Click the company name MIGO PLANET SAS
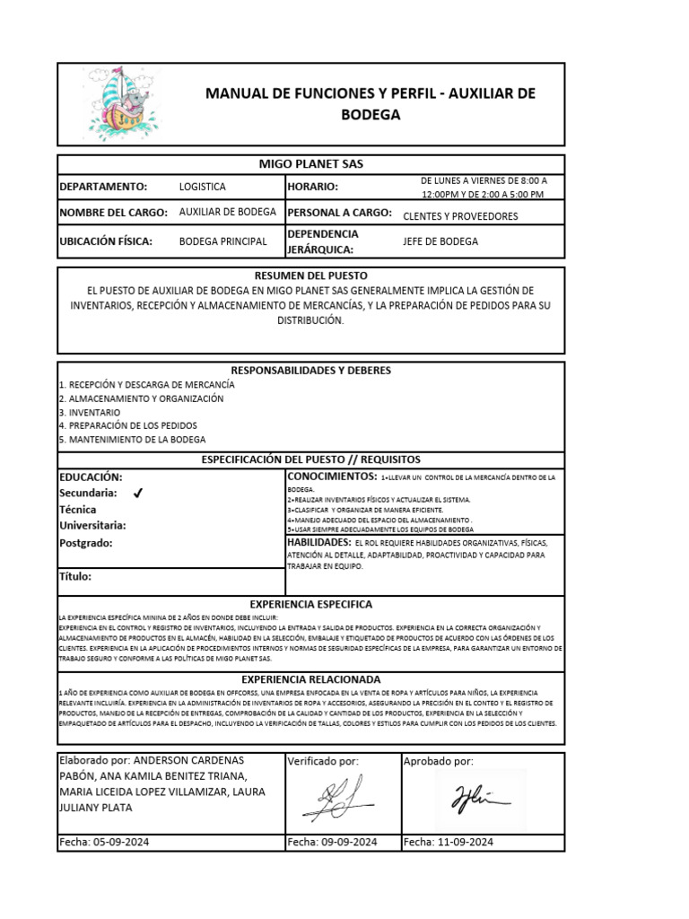311,163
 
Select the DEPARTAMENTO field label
103,187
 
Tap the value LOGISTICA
203,187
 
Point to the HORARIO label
312,187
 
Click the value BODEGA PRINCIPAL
222,241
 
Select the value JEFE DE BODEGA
440,241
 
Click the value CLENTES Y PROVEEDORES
460,215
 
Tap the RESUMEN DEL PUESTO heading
311,276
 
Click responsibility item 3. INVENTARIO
89,412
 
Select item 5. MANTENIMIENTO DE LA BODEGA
132,440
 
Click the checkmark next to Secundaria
137,494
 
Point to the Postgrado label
86,543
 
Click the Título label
75,577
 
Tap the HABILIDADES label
318,543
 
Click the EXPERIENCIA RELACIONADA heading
311,679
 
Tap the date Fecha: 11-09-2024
449,842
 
